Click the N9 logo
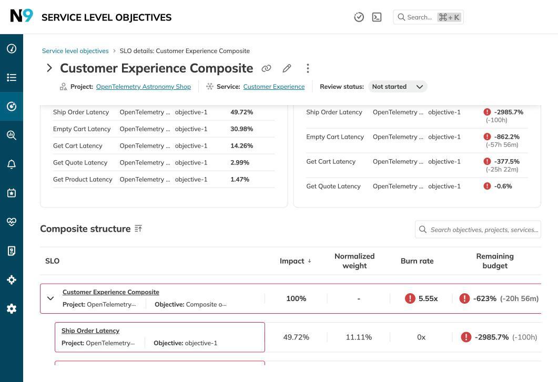(x=22, y=16)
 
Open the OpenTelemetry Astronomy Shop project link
(x=143, y=87)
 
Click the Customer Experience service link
(x=273, y=87)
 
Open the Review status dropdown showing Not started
(x=398, y=87)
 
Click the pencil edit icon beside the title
(x=287, y=68)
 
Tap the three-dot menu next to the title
(x=308, y=68)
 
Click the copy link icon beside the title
(x=267, y=68)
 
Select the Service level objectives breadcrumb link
(x=75, y=51)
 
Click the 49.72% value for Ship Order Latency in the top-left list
(x=241, y=112)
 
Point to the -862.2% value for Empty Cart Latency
(x=506, y=137)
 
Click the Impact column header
(x=292, y=261)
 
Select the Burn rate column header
(x=417, y=261)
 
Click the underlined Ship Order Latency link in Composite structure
(x=90, y=331)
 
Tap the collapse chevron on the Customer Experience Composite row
(x=50, y=298)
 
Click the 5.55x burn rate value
(x=428, y=298)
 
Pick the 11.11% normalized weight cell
(x=359, y=337)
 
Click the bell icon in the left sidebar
(x=12, y=164)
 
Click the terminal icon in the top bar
(x=377, y=17)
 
